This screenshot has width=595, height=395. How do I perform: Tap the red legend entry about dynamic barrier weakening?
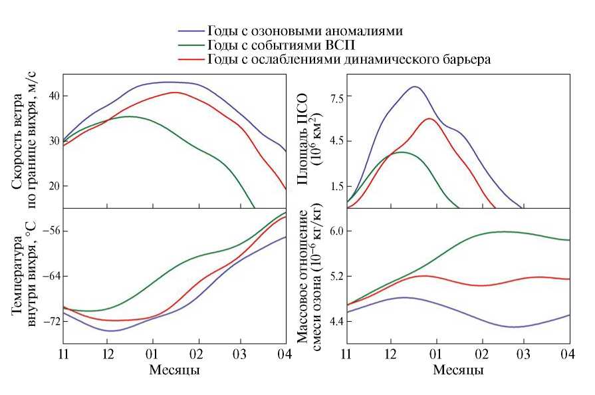[349, 59]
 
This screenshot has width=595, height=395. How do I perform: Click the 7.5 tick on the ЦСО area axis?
[332, 96]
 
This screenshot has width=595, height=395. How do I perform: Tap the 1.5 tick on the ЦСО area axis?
[332, 186]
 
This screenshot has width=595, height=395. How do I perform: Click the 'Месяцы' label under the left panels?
[175, 369]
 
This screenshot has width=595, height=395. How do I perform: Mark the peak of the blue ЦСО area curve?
[415, 86]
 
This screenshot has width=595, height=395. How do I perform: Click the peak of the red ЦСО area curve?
[429, 118]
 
